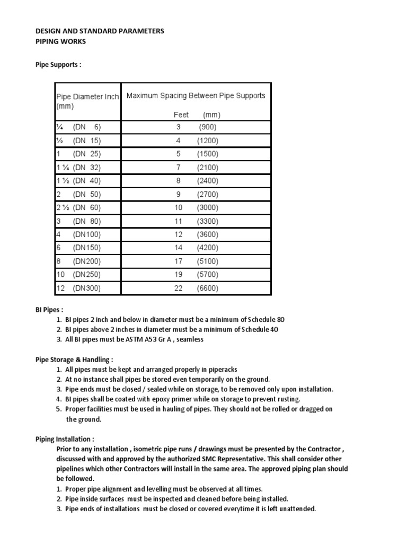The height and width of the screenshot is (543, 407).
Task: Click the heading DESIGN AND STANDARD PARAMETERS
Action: tap(99, 31)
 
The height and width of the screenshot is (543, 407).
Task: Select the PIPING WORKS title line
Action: tap(60, 41)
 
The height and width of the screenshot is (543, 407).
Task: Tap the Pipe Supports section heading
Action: tap(58, 65)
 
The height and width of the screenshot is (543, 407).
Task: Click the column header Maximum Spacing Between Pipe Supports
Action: tap(196, 96)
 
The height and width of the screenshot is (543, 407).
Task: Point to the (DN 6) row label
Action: tap(87, 127)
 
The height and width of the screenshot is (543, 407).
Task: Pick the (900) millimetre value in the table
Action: tap(208, 127)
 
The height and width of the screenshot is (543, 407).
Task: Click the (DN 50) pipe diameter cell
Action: tap(87, 195)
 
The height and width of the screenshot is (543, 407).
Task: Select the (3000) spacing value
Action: tap(208, 208)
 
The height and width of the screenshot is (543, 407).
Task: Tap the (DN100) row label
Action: tap(87, 234)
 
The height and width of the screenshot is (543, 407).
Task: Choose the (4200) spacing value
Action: tap(208, 248)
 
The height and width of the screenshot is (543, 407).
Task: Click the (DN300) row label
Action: tap(87, 288)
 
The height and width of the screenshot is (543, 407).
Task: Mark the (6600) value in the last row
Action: tap(208, 288)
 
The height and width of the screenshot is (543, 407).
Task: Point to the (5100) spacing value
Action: tap(208, 261)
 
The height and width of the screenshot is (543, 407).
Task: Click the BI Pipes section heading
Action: tap(49, 309)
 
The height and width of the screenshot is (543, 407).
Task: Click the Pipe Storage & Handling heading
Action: tap(74, 360)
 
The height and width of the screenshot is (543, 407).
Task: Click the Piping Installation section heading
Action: tap(65, 439)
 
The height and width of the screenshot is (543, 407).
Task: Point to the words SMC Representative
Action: tap(240, 458)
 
